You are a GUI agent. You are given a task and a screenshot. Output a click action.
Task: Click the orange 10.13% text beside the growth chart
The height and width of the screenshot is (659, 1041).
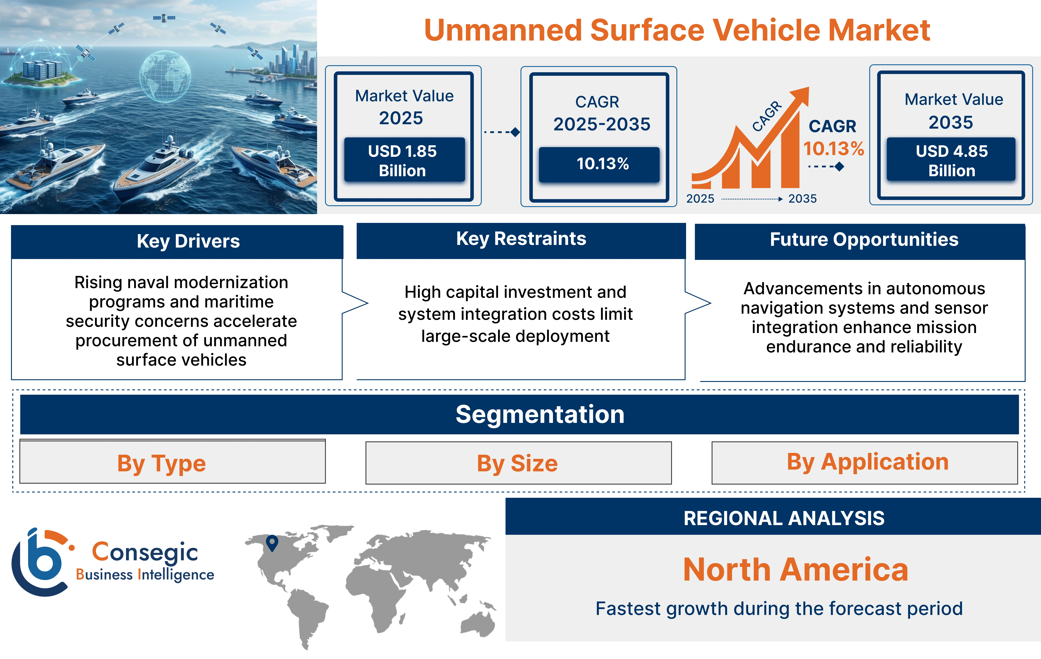833,149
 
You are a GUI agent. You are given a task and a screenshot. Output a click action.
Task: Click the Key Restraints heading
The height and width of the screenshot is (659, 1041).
521,239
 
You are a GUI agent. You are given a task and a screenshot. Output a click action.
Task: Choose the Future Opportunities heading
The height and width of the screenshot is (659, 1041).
864,239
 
